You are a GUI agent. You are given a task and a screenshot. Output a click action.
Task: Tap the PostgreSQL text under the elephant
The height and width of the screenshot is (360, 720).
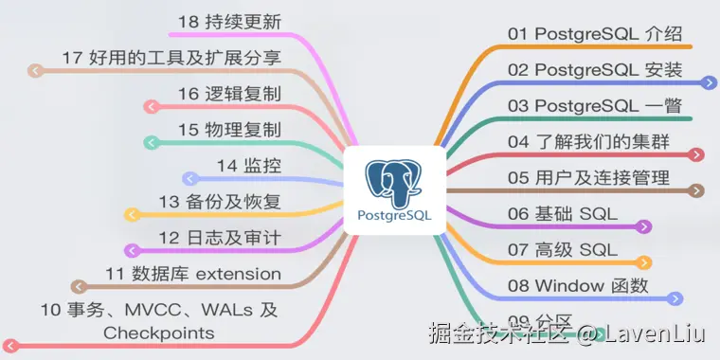395,215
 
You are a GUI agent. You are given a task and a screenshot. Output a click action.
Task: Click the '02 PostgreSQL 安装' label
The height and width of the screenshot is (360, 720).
594,70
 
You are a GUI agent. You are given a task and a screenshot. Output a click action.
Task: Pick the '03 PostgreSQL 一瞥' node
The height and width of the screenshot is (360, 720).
594,106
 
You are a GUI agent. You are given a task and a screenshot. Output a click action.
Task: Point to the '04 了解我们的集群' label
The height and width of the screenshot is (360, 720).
587,142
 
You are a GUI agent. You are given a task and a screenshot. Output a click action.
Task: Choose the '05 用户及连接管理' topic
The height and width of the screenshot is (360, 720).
588,178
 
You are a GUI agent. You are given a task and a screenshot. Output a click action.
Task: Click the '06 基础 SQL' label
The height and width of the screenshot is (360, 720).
562,214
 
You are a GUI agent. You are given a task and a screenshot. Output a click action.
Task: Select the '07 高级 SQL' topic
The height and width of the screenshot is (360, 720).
562,250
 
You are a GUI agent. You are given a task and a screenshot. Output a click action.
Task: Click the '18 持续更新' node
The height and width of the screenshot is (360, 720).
230,22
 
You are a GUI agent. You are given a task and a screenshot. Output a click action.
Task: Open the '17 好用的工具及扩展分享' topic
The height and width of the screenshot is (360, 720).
171,58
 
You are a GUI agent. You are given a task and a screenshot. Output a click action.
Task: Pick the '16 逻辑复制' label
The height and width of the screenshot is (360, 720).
230,94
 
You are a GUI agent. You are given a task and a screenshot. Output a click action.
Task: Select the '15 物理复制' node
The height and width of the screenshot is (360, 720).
230,130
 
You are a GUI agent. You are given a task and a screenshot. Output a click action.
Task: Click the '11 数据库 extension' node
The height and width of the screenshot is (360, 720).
193,274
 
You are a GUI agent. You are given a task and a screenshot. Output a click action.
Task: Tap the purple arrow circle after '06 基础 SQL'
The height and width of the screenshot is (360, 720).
644,226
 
